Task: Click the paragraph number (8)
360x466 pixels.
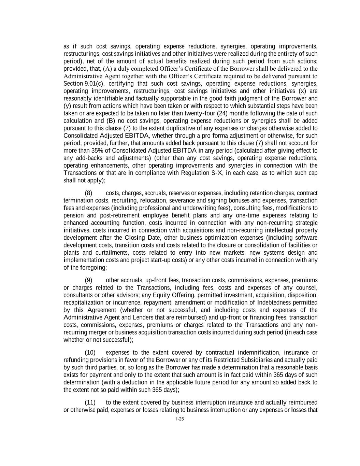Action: point(88,193)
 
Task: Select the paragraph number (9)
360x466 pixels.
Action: point(88,280)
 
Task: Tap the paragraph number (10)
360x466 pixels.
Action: point(90,352)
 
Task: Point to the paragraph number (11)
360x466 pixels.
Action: point(90,402)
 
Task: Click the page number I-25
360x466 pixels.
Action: point(180,419)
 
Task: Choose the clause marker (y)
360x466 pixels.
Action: point(67,106)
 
